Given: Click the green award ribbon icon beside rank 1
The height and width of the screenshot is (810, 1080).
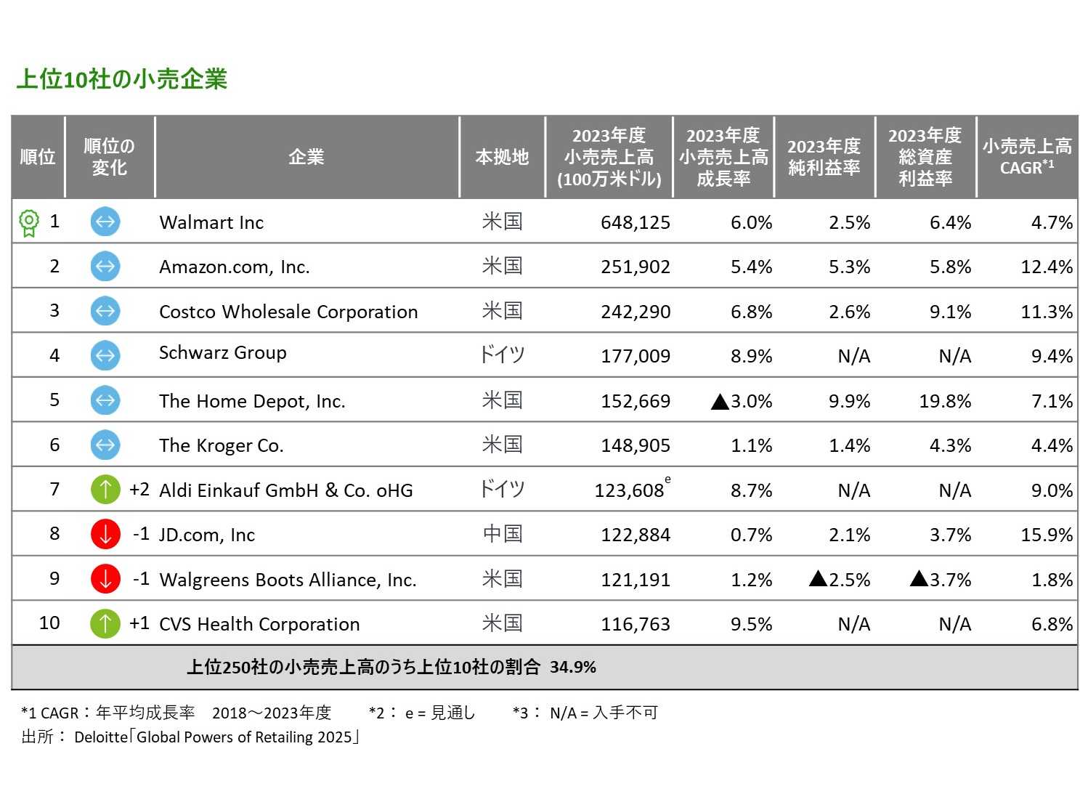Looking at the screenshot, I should (x=28, y=222).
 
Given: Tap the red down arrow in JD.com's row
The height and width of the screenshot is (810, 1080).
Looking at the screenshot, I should (x=105, y=535).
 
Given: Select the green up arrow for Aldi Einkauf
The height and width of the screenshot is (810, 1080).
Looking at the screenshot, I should (x=105, y=490).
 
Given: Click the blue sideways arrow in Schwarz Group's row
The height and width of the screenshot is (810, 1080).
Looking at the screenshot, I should (x=105, y=355).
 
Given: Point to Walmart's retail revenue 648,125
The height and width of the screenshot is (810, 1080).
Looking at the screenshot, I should (x=635, y=222).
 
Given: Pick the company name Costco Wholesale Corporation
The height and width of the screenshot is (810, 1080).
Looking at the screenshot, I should (x=288, y=312).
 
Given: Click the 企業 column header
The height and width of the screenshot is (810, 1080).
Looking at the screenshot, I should (x=306, y=157).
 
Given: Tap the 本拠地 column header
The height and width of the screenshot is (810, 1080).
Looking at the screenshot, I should (x=502, y=157).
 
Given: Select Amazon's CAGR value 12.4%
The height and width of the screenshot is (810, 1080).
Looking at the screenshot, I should (x=1046, y=267).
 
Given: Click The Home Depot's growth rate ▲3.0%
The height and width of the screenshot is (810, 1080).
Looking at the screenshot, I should (x=741, y=401).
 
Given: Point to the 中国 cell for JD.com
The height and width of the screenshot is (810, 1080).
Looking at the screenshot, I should (x=502, y=535).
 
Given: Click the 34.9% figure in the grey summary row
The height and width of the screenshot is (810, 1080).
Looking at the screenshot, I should (x=573, y=667).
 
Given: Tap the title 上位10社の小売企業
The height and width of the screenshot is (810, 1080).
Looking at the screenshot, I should (x=122, y=79).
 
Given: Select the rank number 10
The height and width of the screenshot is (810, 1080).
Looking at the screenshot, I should (x=49, y=623).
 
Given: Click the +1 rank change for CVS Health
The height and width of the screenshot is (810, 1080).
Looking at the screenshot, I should (x=139, y=623).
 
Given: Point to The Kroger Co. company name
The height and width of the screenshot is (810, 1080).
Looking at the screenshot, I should (x=222, y=445).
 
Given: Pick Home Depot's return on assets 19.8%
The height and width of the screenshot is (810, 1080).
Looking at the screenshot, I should (x=944, y=401).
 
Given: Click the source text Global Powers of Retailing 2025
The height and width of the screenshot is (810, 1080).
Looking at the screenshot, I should (x=244, y=737).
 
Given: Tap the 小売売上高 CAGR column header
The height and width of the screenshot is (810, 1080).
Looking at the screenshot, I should (x=1026, y=157).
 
